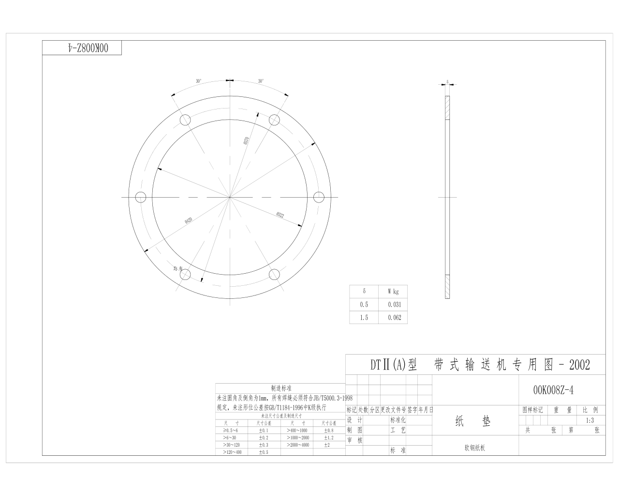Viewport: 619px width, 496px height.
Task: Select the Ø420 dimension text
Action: [x=189, y=220]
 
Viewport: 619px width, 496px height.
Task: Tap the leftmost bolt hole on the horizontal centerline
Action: [x=141, y=197]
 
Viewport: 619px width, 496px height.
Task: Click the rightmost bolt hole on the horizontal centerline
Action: [x=319, y=197]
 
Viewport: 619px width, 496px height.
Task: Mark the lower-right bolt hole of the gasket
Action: [x=274, y=275]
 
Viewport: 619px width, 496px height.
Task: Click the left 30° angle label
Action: [x=199, y=81]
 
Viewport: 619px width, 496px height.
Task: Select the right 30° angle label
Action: [x=261, y=81]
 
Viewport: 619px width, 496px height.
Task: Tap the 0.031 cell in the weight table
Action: [x=394, y=305]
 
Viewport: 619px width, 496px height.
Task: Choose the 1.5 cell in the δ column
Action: [x=364, y=318]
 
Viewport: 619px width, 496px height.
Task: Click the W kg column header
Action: [x=393, y=292]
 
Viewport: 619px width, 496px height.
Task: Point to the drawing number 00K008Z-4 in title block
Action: [x=553, y=390]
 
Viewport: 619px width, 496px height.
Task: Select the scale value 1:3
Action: [x=590, y=420]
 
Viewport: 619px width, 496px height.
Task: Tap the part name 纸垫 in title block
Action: [x=473, y=421]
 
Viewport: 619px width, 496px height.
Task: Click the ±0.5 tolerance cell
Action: [x=263, y=452]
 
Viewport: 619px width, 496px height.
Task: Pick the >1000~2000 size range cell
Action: [x=297, y=437]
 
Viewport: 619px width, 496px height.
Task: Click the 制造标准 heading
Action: [x=281, y=388]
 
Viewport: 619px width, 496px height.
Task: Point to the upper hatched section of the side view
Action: [x=447, y=108]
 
